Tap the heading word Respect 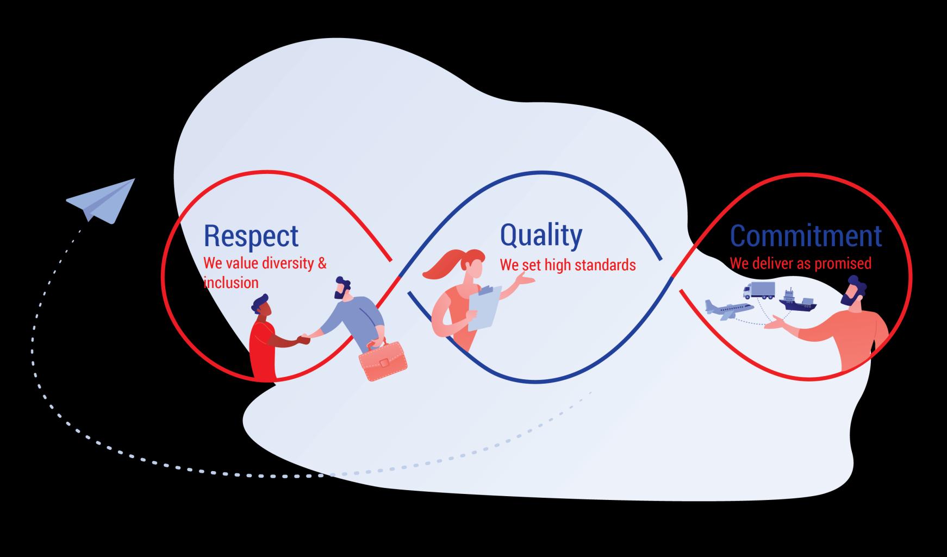pos(251,236)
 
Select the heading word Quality pos(540,235)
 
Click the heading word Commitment pos(805,236)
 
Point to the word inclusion pos(231,283)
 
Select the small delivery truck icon pos(759,291)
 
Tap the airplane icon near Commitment pos(728,309)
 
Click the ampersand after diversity pos(322,264)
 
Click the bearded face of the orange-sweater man pos(851,294)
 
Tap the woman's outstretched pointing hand pos(524,279)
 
